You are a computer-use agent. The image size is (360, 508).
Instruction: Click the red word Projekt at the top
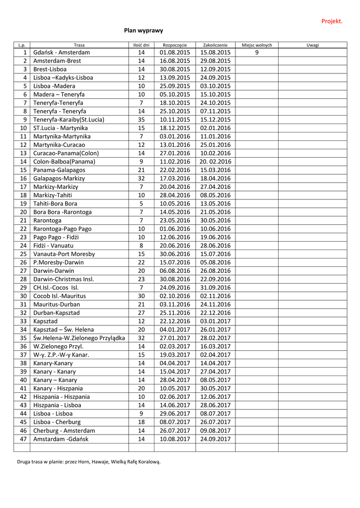[x=332, y=21]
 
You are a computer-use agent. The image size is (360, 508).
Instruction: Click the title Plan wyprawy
[x=144, y=31]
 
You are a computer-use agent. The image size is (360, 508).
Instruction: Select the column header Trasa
[x=79, y=45]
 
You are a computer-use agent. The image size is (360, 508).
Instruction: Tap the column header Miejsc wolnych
[x=257, y=45]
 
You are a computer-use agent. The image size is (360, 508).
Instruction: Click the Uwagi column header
[x=313, y=45]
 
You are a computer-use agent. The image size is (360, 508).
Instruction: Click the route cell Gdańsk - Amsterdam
[x=62, y=53]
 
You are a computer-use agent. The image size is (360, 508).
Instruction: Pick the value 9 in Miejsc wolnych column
[x=257, y=53]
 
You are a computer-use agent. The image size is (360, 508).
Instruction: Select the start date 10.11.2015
[x=175, y=120]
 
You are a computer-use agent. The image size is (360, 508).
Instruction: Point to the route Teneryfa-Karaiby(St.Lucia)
[x=69, y=120]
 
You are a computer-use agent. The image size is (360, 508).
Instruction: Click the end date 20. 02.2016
[x=216, y=162]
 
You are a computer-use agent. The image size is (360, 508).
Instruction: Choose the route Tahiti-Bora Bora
[x=55, y=204]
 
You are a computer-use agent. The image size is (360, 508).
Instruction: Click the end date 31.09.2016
[x=216, y=288]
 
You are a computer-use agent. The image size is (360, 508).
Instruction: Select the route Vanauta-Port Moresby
[x=64, y=254]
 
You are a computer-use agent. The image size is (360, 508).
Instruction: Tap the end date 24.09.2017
[x=216, y=439]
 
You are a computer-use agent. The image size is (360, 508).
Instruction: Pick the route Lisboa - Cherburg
[x=57, y=422]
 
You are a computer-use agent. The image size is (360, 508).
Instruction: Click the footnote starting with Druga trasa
[x=89, y=462]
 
